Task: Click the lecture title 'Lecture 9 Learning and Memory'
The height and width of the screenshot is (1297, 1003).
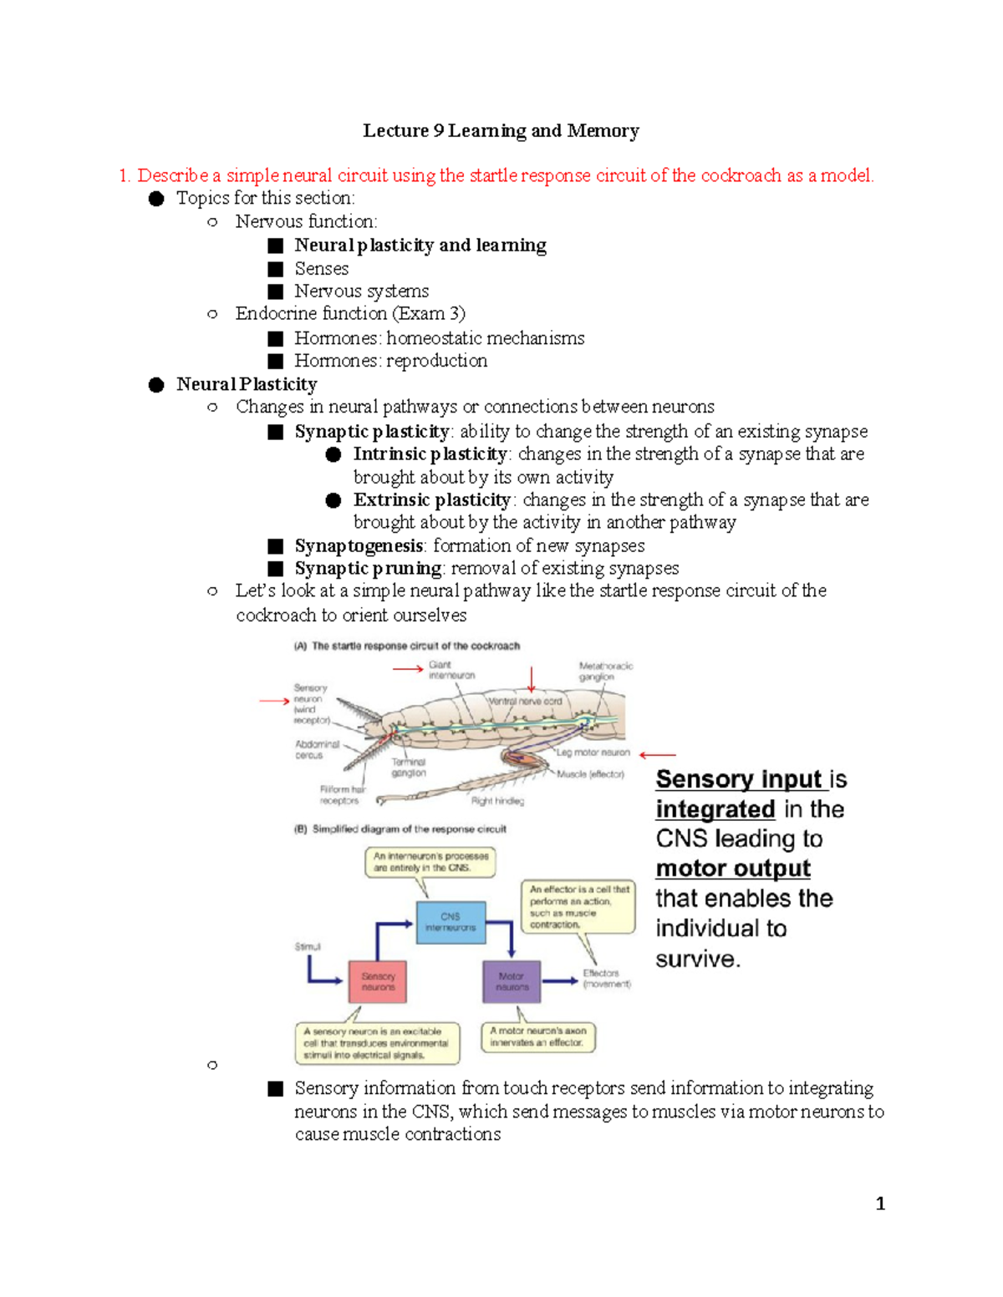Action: [501, 130]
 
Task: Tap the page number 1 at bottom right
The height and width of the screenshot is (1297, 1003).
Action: [879, 1203]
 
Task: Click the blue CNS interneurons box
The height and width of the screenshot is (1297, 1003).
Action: [451, 922]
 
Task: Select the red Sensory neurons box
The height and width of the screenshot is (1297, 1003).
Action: [378, 981]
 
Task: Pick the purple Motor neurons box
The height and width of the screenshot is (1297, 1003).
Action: [511, 981]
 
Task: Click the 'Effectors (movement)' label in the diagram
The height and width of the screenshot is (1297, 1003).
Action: [606, 979]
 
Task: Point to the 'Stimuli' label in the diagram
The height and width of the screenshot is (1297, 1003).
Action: [308, 946]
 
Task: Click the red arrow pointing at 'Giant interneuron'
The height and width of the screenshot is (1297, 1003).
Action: [408, 668]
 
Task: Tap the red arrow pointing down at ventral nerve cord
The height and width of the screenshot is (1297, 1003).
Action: [531, 679]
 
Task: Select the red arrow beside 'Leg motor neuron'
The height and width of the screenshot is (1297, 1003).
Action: [657, 754]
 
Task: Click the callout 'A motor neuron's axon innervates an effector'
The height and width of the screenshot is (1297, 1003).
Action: [537, 1036]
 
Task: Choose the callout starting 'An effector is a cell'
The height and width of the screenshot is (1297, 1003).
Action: [578, 906]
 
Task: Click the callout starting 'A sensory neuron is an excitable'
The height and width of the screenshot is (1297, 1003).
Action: [377, 1043]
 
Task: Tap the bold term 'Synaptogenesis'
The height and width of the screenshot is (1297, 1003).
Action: [359, 545]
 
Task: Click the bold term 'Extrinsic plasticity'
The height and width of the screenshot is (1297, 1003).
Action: [431, 499]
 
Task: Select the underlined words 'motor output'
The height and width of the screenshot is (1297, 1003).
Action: [732, 869]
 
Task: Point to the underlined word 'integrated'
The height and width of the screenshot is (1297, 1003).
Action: [715, 809]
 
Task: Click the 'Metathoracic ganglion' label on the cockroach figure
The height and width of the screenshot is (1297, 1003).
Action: [605, 671]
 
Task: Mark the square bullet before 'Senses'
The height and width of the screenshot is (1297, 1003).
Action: [276, 269]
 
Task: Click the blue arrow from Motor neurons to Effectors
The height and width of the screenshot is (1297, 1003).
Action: [560, 980]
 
